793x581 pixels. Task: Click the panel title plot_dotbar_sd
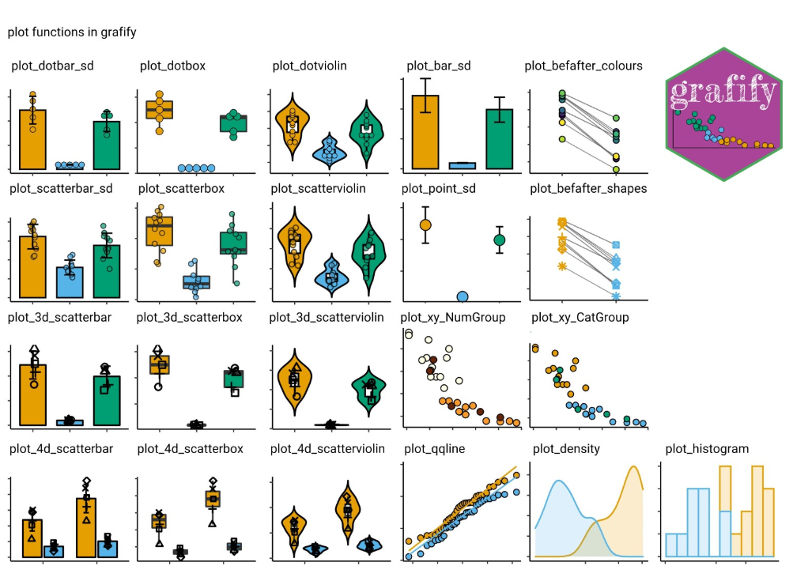(52, 66)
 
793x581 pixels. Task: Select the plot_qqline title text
(434, 449)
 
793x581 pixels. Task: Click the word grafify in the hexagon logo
(723, 94)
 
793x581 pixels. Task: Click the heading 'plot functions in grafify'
(72, 32)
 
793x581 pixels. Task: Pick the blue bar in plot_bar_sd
(463, 165)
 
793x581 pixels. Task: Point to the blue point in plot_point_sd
(463, 296)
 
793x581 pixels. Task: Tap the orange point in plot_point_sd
(425, 224)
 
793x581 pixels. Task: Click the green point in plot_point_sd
(499, 240)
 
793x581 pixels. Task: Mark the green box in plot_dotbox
(233, 123)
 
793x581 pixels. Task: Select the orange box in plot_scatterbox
(160, 231)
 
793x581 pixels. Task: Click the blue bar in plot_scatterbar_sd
(70, 281)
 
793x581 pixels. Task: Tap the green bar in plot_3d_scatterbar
(106, 400)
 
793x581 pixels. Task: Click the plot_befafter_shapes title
(588, 188)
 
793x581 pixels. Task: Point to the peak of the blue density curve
(559, 481)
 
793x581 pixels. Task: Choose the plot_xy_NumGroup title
(453, 318)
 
